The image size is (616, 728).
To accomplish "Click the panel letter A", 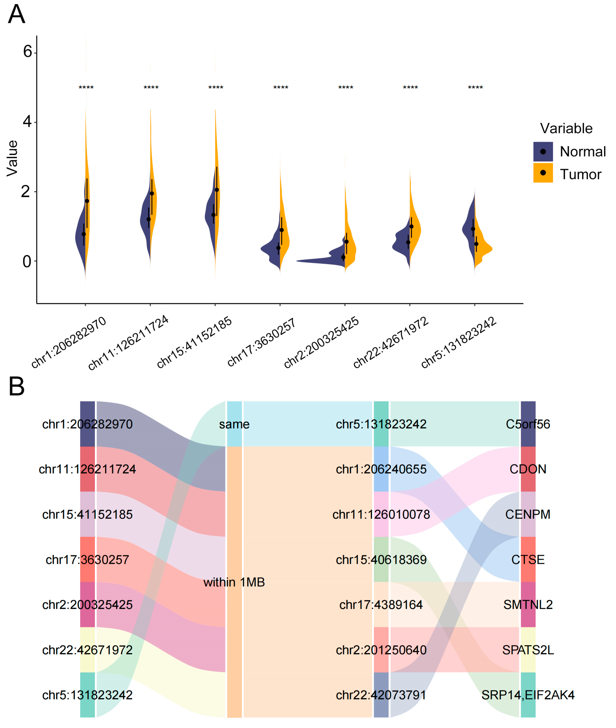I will [x=16, y=15].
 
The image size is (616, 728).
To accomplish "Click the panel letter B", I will [x=16, y=387].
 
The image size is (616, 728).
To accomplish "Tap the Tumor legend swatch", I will [x=543, y=173].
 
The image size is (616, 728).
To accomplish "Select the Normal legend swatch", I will [x=543, y=151].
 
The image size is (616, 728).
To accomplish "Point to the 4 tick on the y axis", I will [x=27, y=121].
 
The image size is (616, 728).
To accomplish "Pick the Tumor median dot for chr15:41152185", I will [x=217, y=190].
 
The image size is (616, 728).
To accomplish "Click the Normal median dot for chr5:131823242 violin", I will [x=473, y=229].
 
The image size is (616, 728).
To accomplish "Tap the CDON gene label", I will [x=528, y=469].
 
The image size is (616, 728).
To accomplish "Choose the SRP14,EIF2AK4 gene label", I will [x=528, y=695].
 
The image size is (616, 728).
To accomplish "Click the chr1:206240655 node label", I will [x=381, y=469].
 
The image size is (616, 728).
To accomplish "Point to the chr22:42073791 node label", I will [x=381, y=695].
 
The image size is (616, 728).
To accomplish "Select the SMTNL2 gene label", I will [x=528, y=604].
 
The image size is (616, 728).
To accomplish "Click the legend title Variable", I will [x=566, y=128].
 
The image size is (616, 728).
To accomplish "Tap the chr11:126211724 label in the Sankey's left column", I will [x=87, y=469].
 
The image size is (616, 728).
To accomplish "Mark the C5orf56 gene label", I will [x=528, y=424].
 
